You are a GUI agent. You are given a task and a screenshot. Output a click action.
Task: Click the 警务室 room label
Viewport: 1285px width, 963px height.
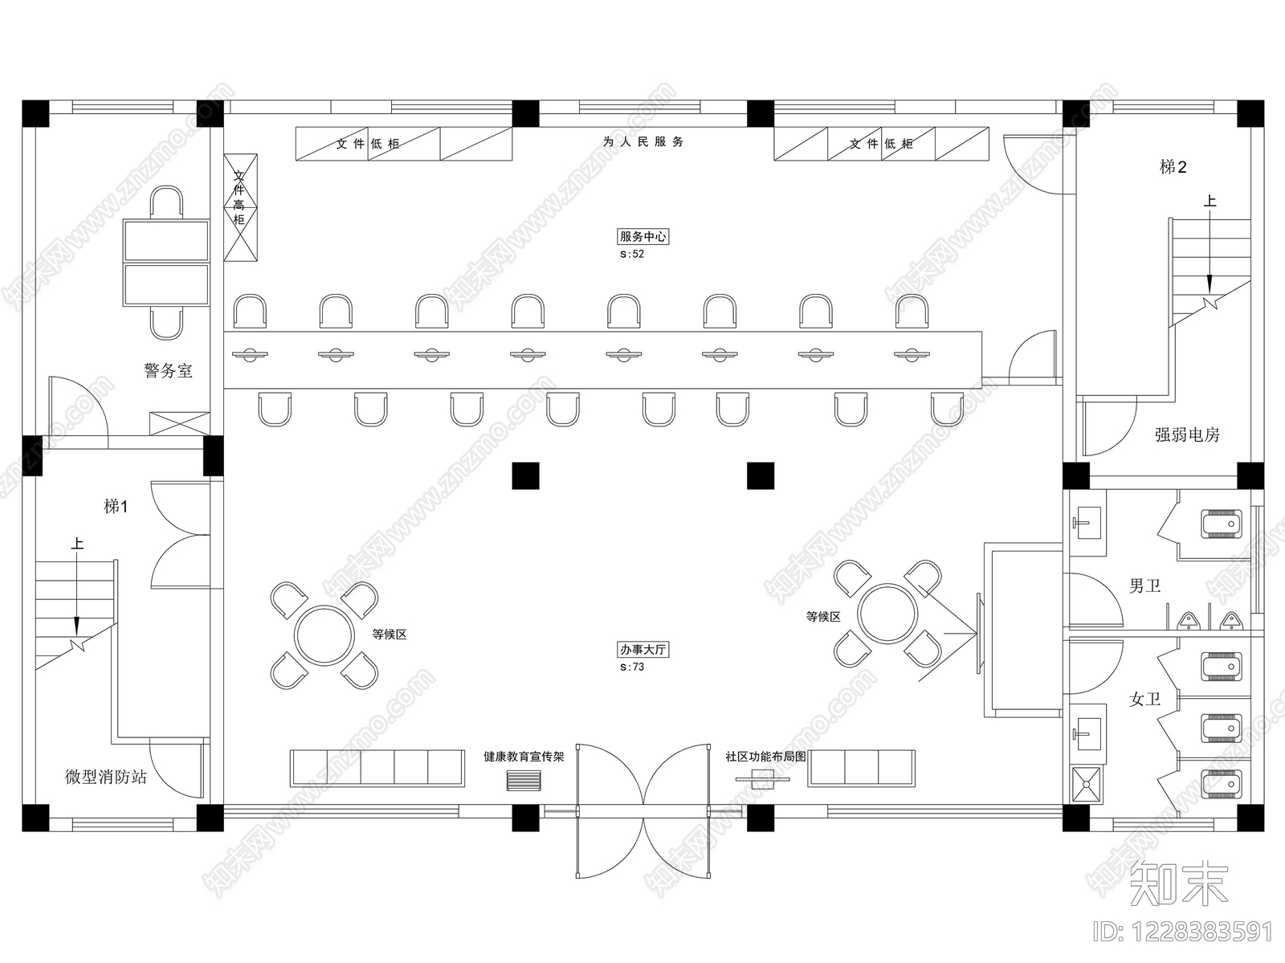pos(168,370)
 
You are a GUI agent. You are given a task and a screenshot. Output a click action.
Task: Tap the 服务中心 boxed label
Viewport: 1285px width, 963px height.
pos(642,236)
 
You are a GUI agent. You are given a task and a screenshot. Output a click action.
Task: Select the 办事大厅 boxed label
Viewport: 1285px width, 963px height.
pos(642,649)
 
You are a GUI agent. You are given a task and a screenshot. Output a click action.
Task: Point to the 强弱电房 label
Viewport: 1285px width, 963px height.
pos(1187,435)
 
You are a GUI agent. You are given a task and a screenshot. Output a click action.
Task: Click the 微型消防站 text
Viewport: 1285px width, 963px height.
pos(106,777)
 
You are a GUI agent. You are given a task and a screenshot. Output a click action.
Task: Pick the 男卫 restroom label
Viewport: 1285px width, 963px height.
pos(1144,586)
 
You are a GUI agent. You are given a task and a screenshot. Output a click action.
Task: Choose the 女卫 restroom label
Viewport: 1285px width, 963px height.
pos(1144,699)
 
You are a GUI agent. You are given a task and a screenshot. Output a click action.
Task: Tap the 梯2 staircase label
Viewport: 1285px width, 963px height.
pos(1173,167)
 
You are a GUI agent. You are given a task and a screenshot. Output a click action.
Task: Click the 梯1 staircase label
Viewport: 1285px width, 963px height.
pos(116,506)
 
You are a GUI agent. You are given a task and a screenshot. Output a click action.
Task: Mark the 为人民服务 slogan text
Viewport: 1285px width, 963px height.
pos(642,141)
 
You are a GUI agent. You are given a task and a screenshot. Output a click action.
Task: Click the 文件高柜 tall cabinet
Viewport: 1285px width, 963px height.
pos(241,207)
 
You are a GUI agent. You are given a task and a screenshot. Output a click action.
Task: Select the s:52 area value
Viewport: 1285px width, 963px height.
pos(632,254)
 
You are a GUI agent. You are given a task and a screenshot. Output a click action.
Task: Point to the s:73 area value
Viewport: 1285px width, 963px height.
pos(632,667)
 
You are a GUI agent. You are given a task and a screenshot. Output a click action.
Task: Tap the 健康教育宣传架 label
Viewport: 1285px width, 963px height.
pos(524,757)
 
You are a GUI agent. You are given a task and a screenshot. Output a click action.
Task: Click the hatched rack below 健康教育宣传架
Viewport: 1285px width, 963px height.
pos(524,781)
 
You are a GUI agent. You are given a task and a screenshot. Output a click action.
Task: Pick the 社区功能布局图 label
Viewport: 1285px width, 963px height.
pos(765,757)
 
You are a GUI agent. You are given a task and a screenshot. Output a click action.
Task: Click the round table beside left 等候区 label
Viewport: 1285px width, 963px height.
pos(324,635)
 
